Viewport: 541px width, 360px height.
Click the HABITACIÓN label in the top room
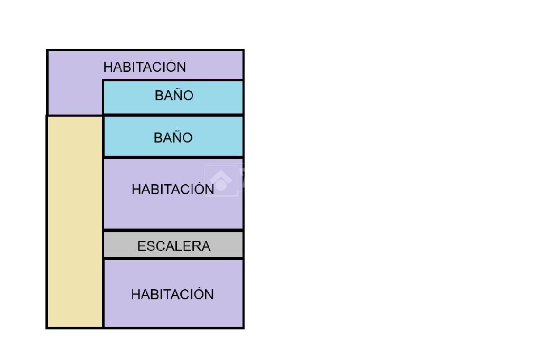pyautogui.click(x=144, y=67)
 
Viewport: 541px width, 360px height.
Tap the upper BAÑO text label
pyautogui.click(x=174, y=96)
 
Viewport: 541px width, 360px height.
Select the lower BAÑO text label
pyautogui.click(x=173, y=138)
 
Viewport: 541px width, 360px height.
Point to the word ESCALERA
pyautogui.click(x=174, y=246)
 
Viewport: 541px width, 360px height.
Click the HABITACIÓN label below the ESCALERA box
pyautogui.click(x=172, y=294)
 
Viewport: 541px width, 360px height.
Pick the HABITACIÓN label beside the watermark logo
pyautogui.click(x=173, y=190)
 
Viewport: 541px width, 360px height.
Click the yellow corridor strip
pyautogui.click(x=74, y=222)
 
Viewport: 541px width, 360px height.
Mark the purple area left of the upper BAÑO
pyautogui.click(x=74, y=95)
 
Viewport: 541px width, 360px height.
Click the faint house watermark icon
pyautogui.click(x=221, y=181)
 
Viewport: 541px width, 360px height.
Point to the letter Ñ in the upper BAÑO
pyautogui.click(x=177, y=95)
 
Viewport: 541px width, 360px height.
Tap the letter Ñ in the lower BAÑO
pyautogui.click(x=176, y=137)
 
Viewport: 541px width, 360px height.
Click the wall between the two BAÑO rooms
pyautogui.click(x=173, y=115)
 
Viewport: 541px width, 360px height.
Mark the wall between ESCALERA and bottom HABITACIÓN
pyautogui.click(x=173, y=259)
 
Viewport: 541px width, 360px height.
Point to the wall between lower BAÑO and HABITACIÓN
pyautogui.click(x=173, y=157)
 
